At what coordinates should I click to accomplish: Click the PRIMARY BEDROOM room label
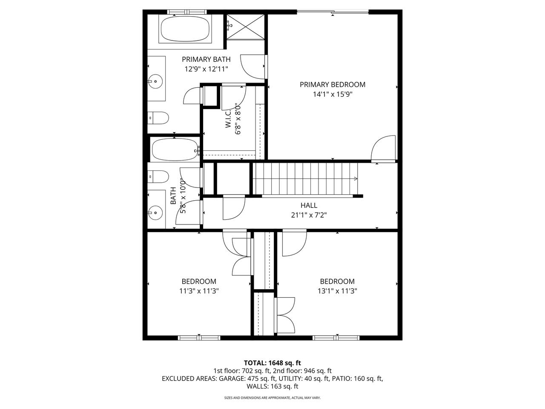(x=332, y=84)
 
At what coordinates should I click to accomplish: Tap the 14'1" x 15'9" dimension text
(x=332, y=95)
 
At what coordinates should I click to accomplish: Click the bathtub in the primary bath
(x=185, y=29)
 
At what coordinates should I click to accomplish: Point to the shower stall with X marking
(x=245, y=26)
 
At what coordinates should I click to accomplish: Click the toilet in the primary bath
(x=158, y=117)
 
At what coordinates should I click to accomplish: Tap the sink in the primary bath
(x=156, y=81)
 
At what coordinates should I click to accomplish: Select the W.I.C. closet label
(x=228, y=118)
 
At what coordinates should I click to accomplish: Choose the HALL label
(x=309, y=205)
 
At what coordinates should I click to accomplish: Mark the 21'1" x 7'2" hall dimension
(x=309, y=215)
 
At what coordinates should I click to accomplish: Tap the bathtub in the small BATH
(x=175, y=150)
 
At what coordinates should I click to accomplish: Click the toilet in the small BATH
(x=157, y=176)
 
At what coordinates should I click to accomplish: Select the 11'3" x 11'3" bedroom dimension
(x=199, y=291)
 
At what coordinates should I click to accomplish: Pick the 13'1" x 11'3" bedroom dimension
(x=337, y=291)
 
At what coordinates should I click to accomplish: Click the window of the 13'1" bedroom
(x=336, y=338)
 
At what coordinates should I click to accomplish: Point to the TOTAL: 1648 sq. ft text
(x=272, y=363)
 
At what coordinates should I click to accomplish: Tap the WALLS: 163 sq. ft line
(x=272, y=386)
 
